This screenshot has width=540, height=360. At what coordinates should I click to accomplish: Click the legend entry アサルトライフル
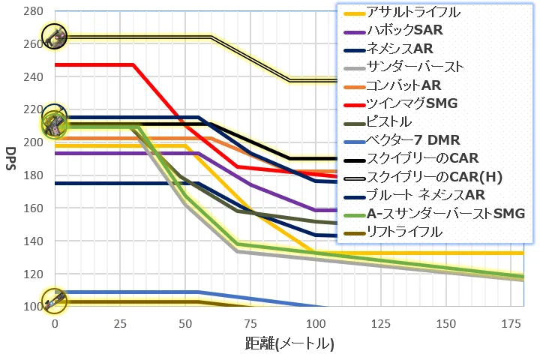pos(413,13)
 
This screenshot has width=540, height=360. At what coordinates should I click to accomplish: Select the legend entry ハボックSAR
pos(404,31)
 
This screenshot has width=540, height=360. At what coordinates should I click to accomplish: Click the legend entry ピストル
pos(389,121)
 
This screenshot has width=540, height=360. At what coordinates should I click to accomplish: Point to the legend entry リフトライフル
pos(404,232)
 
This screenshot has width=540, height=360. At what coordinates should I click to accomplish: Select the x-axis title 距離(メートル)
pos(289,344)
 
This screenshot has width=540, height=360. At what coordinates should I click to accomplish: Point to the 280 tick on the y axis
pos(32,11)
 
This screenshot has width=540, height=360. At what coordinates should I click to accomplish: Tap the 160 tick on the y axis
pos(32,208)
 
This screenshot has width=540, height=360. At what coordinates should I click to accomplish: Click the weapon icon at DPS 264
pos(54,35)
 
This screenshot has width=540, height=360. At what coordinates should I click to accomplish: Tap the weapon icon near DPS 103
pos(54,301)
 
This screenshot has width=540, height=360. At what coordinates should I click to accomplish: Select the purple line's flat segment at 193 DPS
pos(120,153)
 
